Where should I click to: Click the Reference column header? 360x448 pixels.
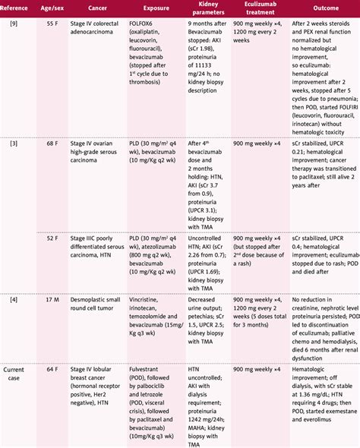21,7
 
